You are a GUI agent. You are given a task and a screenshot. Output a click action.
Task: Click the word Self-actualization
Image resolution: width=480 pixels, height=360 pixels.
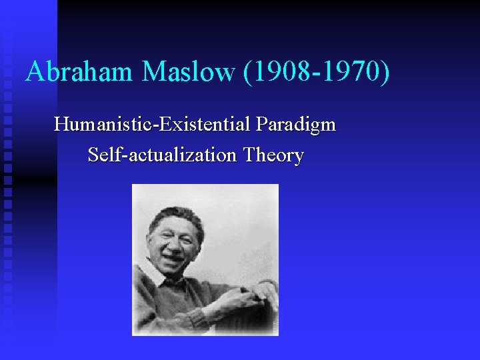162,155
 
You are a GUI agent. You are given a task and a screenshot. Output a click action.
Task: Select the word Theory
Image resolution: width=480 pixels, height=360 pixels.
273,155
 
